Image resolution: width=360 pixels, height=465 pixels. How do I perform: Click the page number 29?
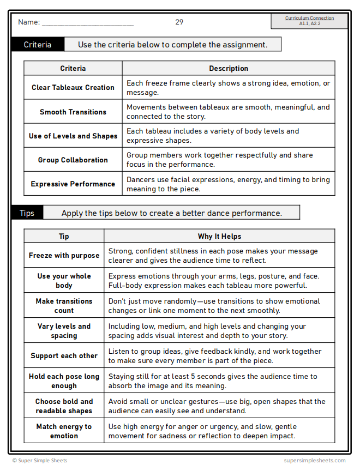(x=179, y=22)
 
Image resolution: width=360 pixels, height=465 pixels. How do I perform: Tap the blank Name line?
(x=87, y=23)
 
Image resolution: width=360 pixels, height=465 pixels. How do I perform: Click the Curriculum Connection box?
(x=309, y=21)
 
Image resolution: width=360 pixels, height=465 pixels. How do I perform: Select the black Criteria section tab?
(x=38, y=45)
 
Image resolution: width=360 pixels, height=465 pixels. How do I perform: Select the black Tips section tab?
(x=27, y=213)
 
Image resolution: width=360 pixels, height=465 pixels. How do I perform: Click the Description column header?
(x=229, y=69)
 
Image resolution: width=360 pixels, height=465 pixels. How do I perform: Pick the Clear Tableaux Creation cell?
(x=73, y=87)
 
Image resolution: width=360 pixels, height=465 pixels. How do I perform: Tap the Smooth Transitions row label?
(x=73, y=112)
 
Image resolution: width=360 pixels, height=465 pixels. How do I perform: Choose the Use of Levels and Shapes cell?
(x=73, y=136)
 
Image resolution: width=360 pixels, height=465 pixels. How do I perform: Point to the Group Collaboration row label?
(x=73, y=160)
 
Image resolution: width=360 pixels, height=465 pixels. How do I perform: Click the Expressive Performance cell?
(x=73, y=184)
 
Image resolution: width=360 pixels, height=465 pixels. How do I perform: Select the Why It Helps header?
(x=219, y=237)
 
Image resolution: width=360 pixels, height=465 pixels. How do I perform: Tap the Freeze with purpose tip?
(x=64, y=255)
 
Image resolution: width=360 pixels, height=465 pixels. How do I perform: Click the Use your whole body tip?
(x=64, y=281)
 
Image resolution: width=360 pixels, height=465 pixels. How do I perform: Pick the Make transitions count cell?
(x=64, y=306)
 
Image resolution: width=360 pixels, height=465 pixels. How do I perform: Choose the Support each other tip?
(x=64, y=355)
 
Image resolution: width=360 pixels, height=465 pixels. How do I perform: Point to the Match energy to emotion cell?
(x=64, y=431)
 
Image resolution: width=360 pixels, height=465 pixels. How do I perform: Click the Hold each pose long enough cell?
(x=64, y=381)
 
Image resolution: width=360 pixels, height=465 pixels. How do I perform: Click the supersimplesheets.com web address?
(x=315, y=461)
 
